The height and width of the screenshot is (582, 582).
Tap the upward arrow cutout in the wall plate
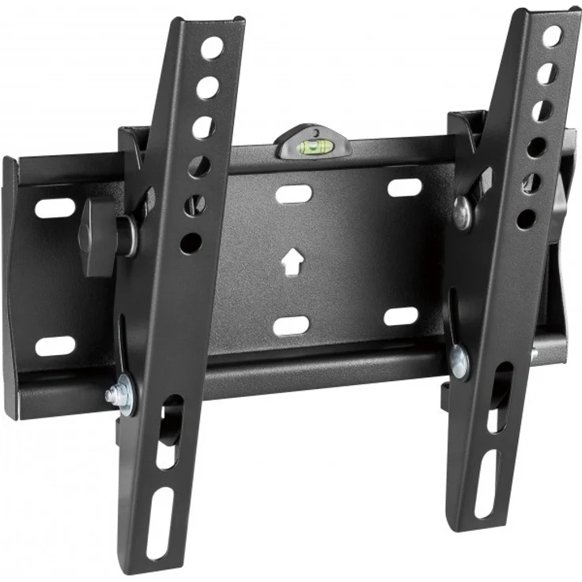pyautogui.click(x=292, y=261)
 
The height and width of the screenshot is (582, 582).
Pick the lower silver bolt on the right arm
pyautogui.click(x=459, y=361)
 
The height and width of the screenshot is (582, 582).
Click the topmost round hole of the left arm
pyautogui.click(x=212, y=48)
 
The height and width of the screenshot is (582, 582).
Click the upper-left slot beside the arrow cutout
pyautogui.click(x=292, y=193)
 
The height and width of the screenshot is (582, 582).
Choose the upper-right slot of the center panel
pyautogui.click(x=404, y=188)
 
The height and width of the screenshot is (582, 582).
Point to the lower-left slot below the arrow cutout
pyautogui.click(x=291, y=326)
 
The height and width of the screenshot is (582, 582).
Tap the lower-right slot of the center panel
pyautogui.click(x=401, y=317)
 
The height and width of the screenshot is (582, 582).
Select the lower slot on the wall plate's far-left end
pyautogui.click(x=55, y=346)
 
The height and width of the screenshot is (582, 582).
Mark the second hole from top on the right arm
pyautogui.click(x=546, y=74)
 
